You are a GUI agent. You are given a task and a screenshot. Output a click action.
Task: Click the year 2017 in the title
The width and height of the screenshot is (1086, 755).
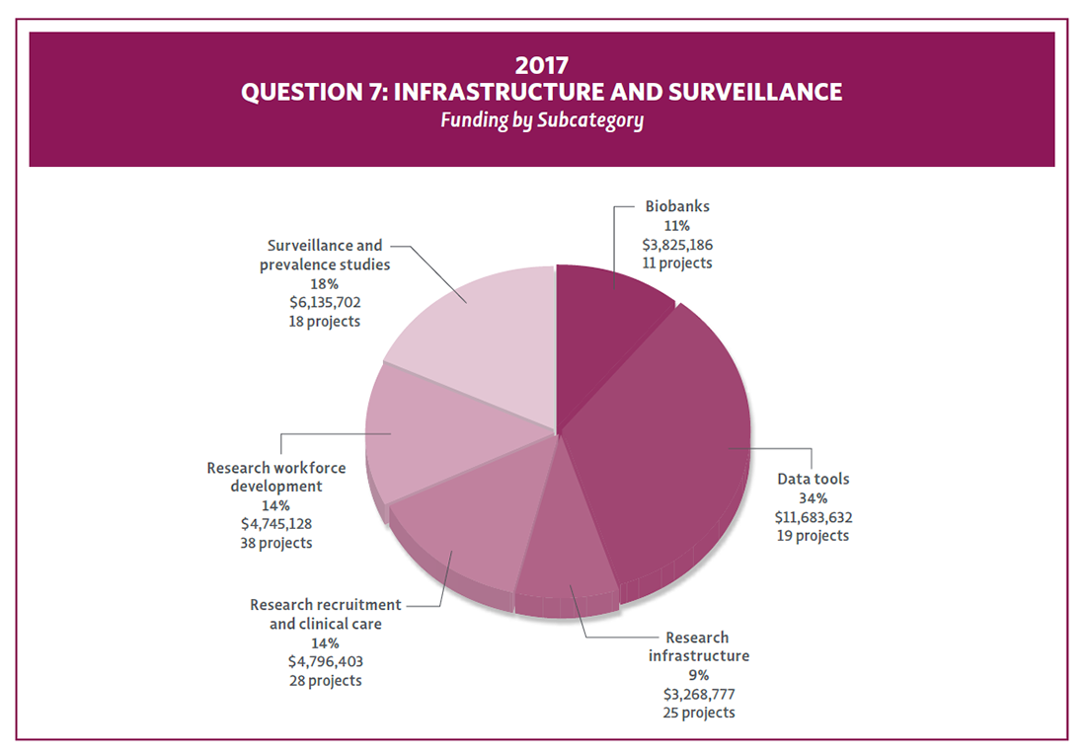(542, 65)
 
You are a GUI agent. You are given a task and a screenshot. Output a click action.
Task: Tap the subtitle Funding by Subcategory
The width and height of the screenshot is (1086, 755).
(542, 120)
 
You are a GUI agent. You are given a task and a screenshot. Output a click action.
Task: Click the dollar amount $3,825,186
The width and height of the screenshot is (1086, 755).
(677, 245)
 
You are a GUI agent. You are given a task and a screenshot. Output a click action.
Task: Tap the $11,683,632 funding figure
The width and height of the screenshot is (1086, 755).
(813, 516)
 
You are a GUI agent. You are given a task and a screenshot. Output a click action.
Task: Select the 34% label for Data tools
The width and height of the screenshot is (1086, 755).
(813, 497)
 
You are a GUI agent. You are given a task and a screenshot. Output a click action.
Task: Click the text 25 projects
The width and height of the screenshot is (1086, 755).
(699, 713)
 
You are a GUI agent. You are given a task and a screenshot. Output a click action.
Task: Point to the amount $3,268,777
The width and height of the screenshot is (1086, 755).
(699, 694)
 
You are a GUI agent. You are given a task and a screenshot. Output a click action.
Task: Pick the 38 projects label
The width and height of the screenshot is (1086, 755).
(276, 543)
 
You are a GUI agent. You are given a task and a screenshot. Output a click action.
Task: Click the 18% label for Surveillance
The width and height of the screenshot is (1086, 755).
(325, 283)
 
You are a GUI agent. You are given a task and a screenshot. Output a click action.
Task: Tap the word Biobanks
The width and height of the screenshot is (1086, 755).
(677, 207)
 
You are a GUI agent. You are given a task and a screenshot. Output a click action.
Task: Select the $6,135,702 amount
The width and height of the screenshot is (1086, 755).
(325, 302)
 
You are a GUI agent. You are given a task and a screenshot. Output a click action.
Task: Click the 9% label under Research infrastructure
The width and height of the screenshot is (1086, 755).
(699, 675)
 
